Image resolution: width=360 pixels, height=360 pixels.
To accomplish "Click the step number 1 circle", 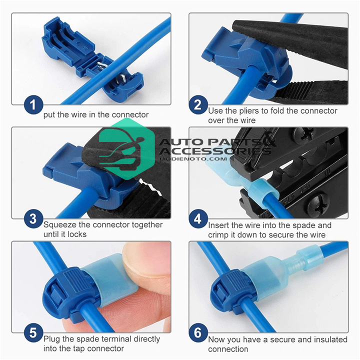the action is pyautogui.click(x=33, y=104).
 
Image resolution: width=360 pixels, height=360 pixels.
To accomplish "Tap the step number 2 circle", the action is pyautogui.click(x=198, y=104).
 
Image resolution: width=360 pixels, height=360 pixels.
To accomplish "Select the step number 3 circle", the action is pyautogui.click(x=33, y=218).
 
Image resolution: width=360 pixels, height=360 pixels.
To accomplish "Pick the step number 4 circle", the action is pyautogui.click(x=198, y=218).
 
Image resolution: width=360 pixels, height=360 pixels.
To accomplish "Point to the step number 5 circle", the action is pyautogui.click(x=33, y=332).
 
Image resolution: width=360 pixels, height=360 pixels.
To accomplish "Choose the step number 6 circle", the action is pyautogui.click(x=198, y=332).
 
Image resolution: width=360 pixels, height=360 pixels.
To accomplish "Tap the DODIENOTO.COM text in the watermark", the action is pyautogui.click(x=193, y=158).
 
